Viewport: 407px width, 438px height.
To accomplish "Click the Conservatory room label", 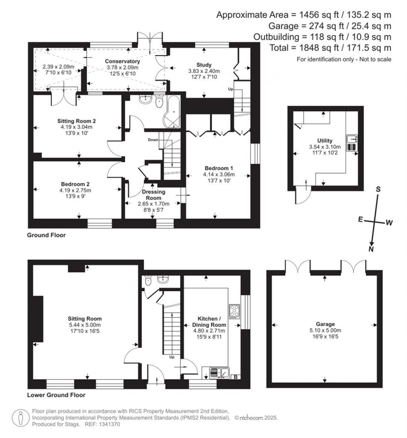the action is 122,61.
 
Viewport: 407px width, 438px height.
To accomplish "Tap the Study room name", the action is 204,65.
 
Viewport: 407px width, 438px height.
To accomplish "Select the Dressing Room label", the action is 153,195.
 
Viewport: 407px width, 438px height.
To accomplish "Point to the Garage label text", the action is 325,324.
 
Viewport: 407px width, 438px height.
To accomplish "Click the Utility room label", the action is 325,140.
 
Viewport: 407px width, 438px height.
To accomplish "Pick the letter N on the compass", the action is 371,249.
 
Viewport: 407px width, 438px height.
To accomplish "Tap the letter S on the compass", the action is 378,189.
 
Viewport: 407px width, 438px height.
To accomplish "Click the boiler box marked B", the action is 235,377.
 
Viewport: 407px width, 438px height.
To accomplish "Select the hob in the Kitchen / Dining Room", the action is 234,311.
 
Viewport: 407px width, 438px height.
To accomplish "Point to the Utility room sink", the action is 352,139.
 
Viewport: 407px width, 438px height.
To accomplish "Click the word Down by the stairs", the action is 153,140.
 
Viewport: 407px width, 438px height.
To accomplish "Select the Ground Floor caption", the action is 46,235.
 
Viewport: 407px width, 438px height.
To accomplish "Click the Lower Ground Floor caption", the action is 56,395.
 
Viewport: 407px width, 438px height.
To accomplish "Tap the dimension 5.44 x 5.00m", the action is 84,325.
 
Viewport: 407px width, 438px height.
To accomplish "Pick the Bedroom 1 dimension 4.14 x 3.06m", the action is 219,174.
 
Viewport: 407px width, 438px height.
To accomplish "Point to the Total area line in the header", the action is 330,48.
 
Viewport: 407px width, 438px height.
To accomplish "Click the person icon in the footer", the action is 20,418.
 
